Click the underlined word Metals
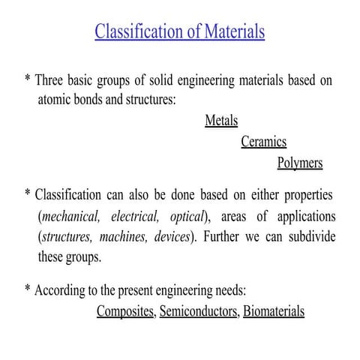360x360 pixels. click(x=221, y=121)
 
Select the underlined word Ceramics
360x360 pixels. click(x=263, y=142)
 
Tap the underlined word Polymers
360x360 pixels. click(x=300, y=163)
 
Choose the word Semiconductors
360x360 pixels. click(x=199, y=311)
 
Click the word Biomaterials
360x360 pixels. click(x=274, y=311)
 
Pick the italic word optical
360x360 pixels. click(x=184, y=217)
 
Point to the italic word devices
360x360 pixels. click(x=172, y=237)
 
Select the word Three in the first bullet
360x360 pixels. click(x=55, y=79)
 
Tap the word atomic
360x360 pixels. click(x=56, y=100)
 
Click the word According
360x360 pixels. click(x=61, y=291)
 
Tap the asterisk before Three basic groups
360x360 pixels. click(x=28, y=79)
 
